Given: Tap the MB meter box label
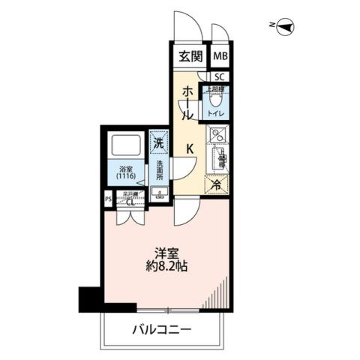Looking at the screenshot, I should tap(220, 56).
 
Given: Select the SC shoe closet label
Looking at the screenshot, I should tap(220, 76).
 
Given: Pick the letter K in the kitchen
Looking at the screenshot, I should tap(190, 148).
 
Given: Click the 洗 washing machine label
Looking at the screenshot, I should tap(158, 141).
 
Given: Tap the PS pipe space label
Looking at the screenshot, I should tap(108, 200).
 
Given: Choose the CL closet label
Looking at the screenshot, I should tap(130, 201).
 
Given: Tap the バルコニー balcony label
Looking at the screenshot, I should tap(163, 328).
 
